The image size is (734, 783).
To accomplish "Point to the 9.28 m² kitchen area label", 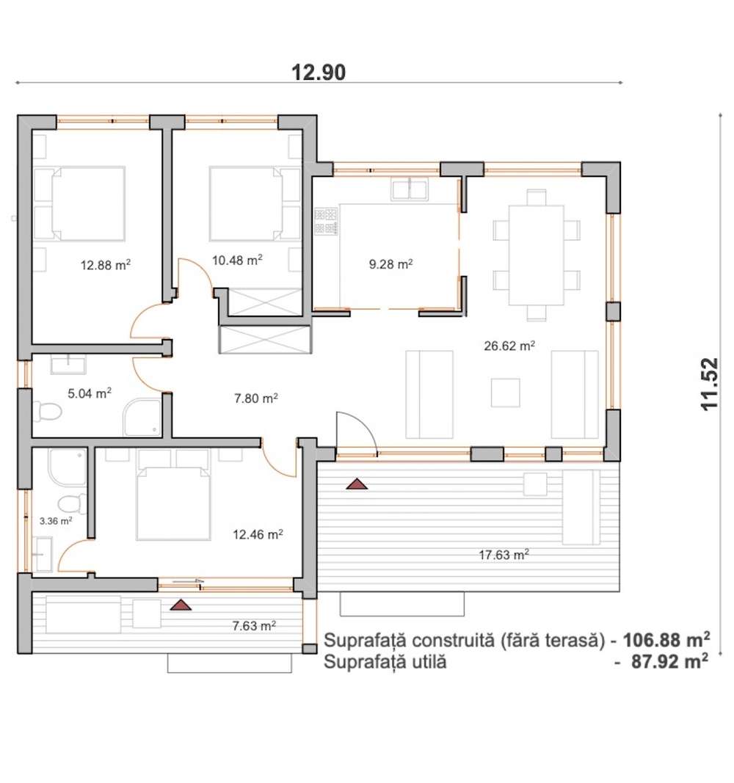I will point(390,264).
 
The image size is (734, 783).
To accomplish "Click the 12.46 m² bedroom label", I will point(259,535).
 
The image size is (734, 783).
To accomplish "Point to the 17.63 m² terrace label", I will point(504,556).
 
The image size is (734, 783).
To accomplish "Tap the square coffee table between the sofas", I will point(505,393).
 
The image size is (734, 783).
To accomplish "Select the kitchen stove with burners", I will point(326,222).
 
